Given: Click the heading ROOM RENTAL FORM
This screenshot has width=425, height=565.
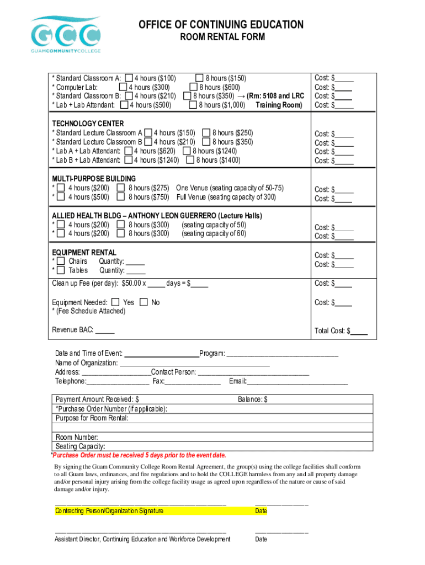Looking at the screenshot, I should coord(221,38).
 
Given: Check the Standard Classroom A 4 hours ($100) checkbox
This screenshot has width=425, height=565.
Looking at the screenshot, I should coord(129,78).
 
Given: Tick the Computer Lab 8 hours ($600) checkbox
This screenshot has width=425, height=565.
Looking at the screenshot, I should coord(193,87).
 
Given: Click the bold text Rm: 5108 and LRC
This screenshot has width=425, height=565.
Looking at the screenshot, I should coord(275,96).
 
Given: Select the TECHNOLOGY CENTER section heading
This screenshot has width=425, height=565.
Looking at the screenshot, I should coord(88,124).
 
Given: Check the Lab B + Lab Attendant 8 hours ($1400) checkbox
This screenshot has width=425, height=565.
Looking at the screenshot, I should coord(190,160).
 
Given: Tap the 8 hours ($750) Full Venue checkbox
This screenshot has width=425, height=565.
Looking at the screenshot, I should coord(121,197).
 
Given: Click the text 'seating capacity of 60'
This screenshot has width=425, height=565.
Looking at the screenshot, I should coord(214,233).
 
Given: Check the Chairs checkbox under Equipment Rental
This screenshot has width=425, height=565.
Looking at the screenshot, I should coord(61,261).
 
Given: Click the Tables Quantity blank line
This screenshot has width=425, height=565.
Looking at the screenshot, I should coord(136,270).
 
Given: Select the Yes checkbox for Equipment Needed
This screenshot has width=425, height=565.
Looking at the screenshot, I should coord(115,302).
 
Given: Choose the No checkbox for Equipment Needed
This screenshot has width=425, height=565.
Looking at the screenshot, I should coord(144,302).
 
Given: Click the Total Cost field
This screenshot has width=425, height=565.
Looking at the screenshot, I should coord(359,331).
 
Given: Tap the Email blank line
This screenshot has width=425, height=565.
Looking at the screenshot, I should coord(297,381).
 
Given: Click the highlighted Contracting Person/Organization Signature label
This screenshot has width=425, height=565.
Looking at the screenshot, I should coord(109,511).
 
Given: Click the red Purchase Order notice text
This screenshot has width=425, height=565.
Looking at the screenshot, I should coord(138,455).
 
